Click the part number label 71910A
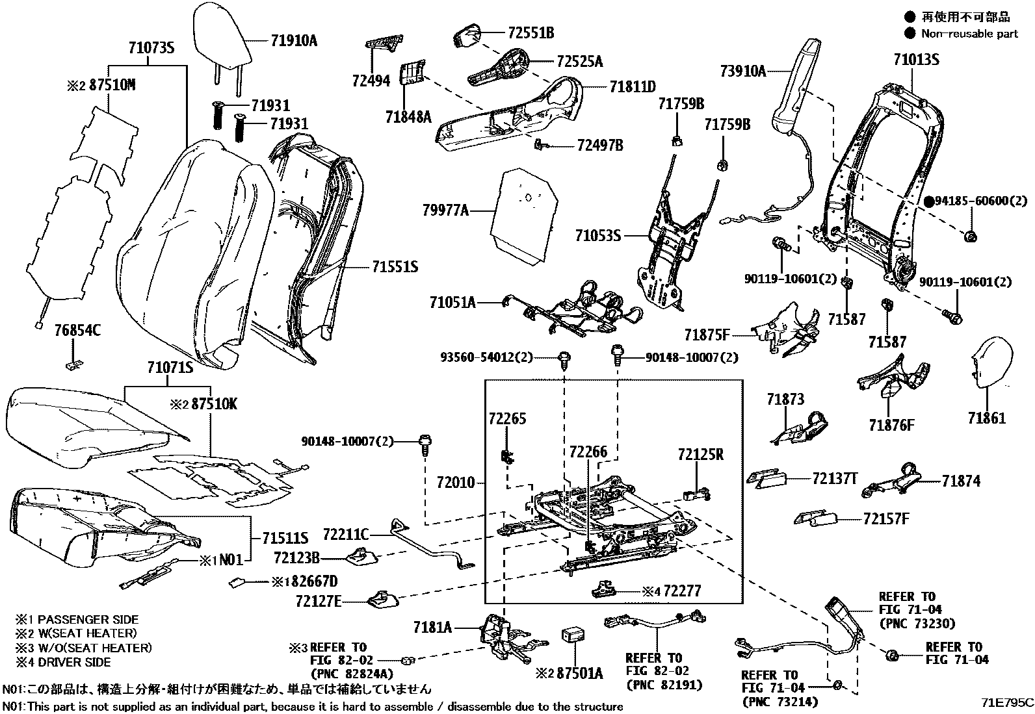[294, 41]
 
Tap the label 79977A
[445, 210]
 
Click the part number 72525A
[580, 62]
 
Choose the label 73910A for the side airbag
[743, 71]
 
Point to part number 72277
[681, 591]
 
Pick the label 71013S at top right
[916, 60]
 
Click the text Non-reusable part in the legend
[969, 34]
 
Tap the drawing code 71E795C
[1007, 702]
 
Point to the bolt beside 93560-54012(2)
[564, 359]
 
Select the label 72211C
[346, 535]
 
